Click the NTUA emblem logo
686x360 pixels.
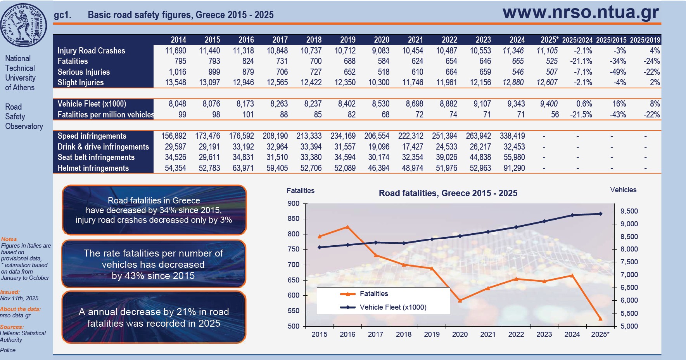[x=24, y=25]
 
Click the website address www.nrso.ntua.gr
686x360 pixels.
[x=581, y=12]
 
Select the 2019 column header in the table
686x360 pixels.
[x=347, y=40]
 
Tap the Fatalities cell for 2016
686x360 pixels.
[x=247, y=61]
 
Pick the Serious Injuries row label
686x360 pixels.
[x=83, y=72]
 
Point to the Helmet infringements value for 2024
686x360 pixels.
[x=514, y=168]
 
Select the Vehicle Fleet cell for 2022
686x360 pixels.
[x=448, y=104]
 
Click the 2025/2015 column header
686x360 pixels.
[x=611, y=40]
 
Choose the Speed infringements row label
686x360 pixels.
[x=92, y=136]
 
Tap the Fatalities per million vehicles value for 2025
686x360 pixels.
[x=555, y=115]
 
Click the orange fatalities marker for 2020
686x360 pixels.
[x=460, y=300]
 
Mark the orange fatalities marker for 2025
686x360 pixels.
[x=600, y=319]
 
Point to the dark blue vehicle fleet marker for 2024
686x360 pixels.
[x=572, y=215]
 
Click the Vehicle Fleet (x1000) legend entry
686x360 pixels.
[x=392, y=307]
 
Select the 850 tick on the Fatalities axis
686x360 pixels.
[x=294, y=219]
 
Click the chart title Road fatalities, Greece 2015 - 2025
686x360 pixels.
[x=448, y=193]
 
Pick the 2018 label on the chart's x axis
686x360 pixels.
[x=404, y=334]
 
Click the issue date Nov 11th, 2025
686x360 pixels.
[x=19, y=298]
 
